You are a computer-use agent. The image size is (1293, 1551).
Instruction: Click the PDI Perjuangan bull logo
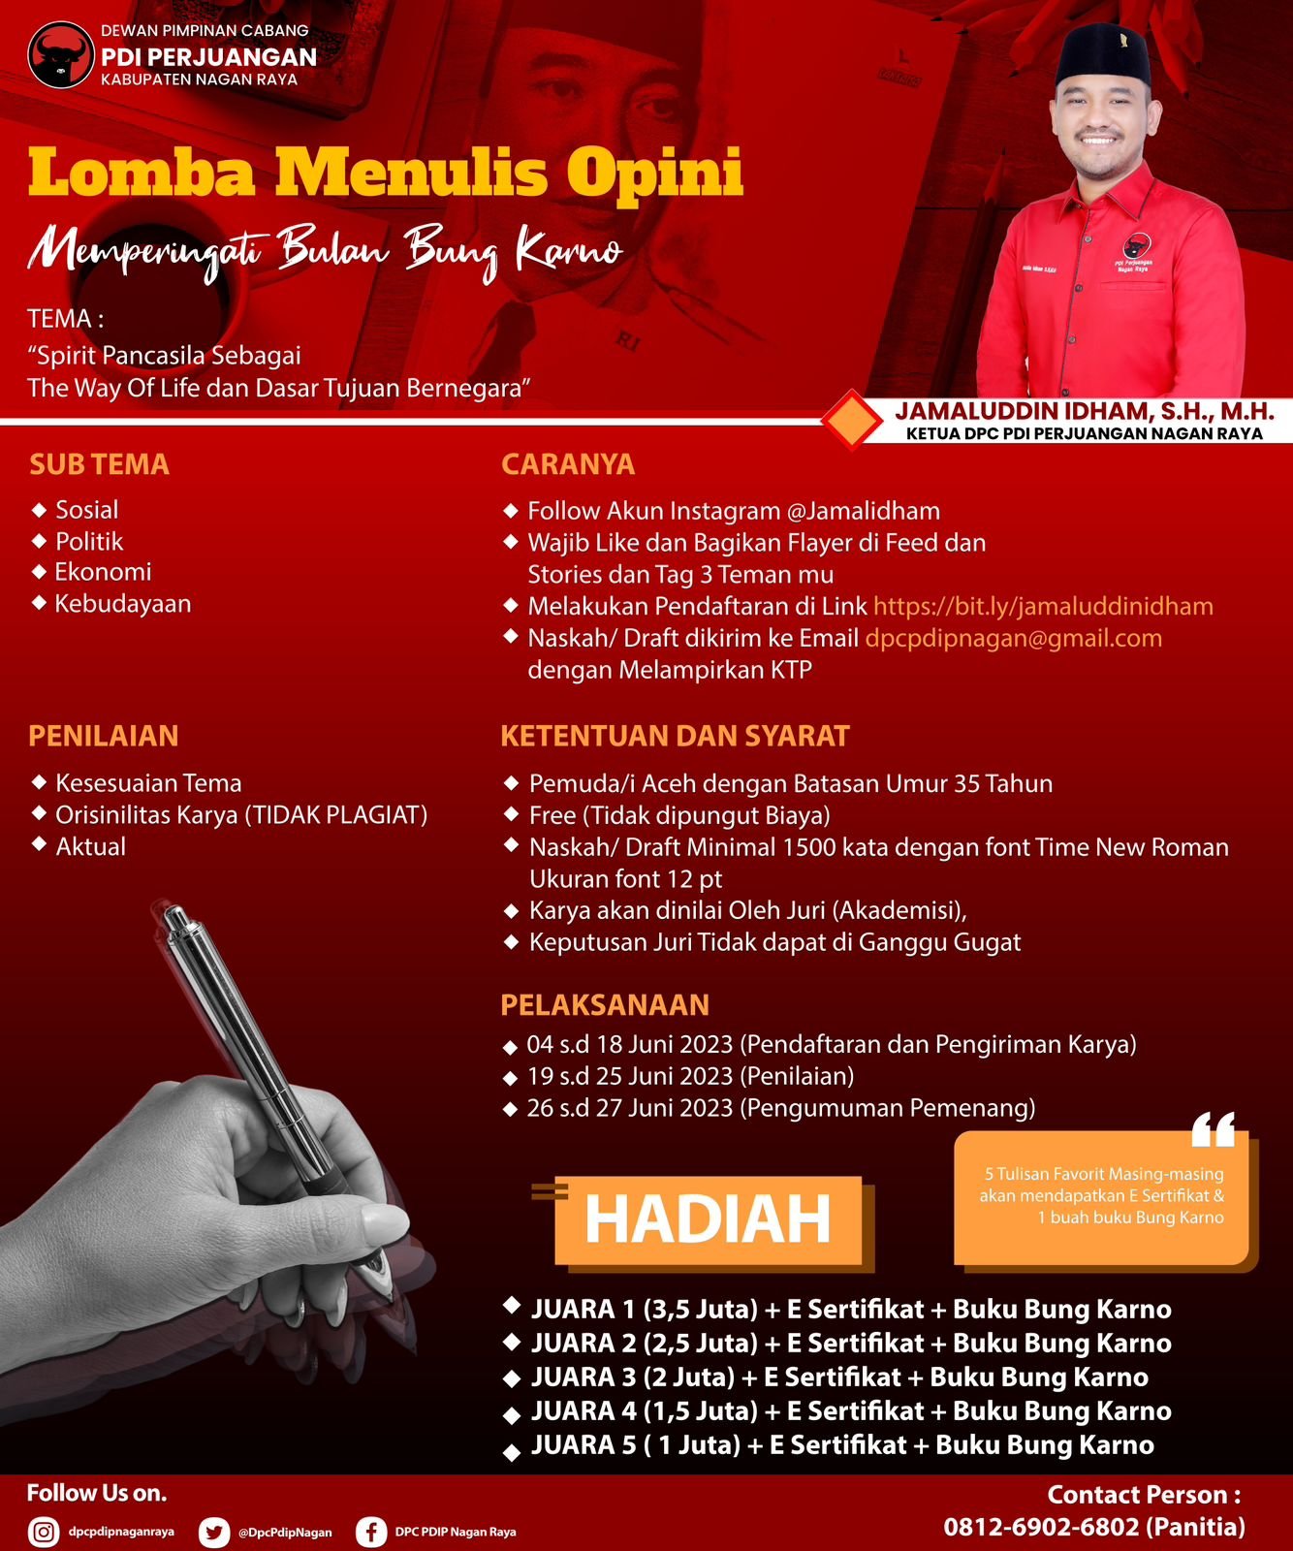pyautogui.click(x=60, y=55)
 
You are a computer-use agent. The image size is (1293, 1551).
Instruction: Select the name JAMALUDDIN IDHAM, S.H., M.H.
pyautogui.click(x=1084, y=412)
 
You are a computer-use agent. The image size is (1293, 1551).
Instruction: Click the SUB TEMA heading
pyautogui.click(x=99, y=464)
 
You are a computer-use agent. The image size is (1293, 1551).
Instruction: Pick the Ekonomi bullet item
pyautogui.click(x=103, y=572)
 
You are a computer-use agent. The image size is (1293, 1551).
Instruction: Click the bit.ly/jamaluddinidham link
pyautogui.click(x=1043, y=607)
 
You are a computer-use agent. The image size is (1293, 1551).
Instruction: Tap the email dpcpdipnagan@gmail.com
pyautogui.click(x=1013, y=639)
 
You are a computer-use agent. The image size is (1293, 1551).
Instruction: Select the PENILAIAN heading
pyautogui.click(x=103, y=736)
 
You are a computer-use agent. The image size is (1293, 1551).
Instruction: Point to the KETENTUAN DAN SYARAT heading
pyautogui.click(x=675, y=736)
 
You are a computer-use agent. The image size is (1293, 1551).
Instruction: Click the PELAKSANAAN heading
pyautogui.click(x=605, y=1004)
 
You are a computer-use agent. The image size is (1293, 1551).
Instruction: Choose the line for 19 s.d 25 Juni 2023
pyautogui.click(x=690, y=1076)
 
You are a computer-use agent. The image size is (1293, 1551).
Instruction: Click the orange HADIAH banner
pyautogui.click(x=708, y=1219)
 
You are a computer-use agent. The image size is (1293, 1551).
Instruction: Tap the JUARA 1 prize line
pyautogui.click(x=850, y=1310)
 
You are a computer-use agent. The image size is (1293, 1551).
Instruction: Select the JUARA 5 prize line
pyautogui.click(x=841, y=1445)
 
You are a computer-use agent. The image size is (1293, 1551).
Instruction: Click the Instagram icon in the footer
pyautogui.click(x=43, y=1532)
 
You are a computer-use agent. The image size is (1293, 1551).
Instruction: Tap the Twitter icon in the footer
pyautogui.click(x=213, y=1532)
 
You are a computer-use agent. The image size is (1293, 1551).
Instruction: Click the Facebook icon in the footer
pyautogui.click(x=370, y=1532)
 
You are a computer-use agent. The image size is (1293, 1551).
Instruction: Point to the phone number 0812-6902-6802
pyautogui.click(x=1041, y=1527)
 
